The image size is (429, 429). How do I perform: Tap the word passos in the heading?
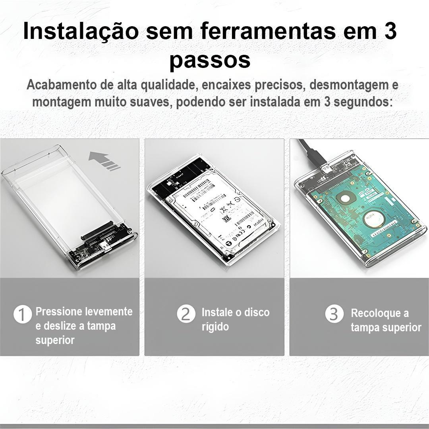pyautogui.click(x=210, y=60)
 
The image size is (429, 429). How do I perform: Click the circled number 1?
pyautogui.click(x=23, y=314)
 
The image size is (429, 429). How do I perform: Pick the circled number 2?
pyautogui.click(x=186, y=314)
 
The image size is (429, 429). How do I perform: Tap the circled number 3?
pyautogui.click(x=334, y=314)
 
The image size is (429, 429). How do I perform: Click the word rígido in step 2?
pyautogui.click(x=215, y=327)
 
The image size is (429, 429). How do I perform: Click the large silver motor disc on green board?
pyautogui.click(x=374, y=218)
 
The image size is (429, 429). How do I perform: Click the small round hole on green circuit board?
pyautogui.click(x=345, y=197)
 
